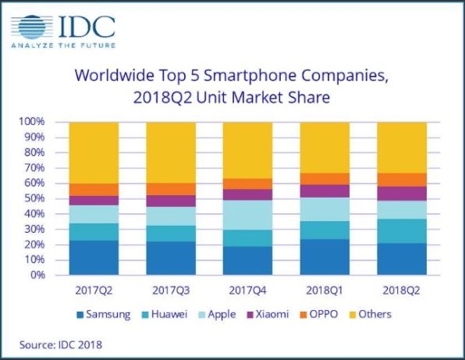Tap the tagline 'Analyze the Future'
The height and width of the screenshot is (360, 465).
[62, 46]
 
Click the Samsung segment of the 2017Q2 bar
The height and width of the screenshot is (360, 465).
[94, 258]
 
